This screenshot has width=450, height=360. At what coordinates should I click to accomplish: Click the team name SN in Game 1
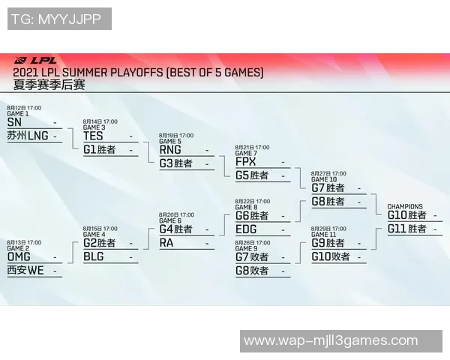click(14, 122)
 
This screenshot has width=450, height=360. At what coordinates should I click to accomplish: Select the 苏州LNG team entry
click(27, 136)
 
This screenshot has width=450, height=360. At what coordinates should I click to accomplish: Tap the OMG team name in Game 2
click(19, 256)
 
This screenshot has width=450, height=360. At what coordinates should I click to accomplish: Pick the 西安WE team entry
click(25, 270)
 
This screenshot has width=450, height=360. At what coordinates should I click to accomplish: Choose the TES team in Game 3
click(93, 136)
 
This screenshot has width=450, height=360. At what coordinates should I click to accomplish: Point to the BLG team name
click(93, 256)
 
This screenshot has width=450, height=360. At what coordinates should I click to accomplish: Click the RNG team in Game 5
click(170, 149)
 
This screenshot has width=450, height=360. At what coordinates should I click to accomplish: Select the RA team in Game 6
click(166, 242)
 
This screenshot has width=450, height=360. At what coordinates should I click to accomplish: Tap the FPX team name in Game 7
click(245, 161)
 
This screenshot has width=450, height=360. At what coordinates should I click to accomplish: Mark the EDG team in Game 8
click(245, 229)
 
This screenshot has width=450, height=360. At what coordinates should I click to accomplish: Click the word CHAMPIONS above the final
click(404, 206)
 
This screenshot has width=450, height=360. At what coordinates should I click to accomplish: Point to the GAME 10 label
click(324, 180)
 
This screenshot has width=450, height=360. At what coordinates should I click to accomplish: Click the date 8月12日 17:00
click(24, 108)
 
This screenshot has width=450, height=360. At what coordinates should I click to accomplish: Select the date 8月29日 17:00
click(328, 228)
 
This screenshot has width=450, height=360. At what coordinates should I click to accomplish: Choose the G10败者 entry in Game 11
click(330, 256)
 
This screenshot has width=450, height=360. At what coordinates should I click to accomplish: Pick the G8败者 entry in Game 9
click(252, 270)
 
